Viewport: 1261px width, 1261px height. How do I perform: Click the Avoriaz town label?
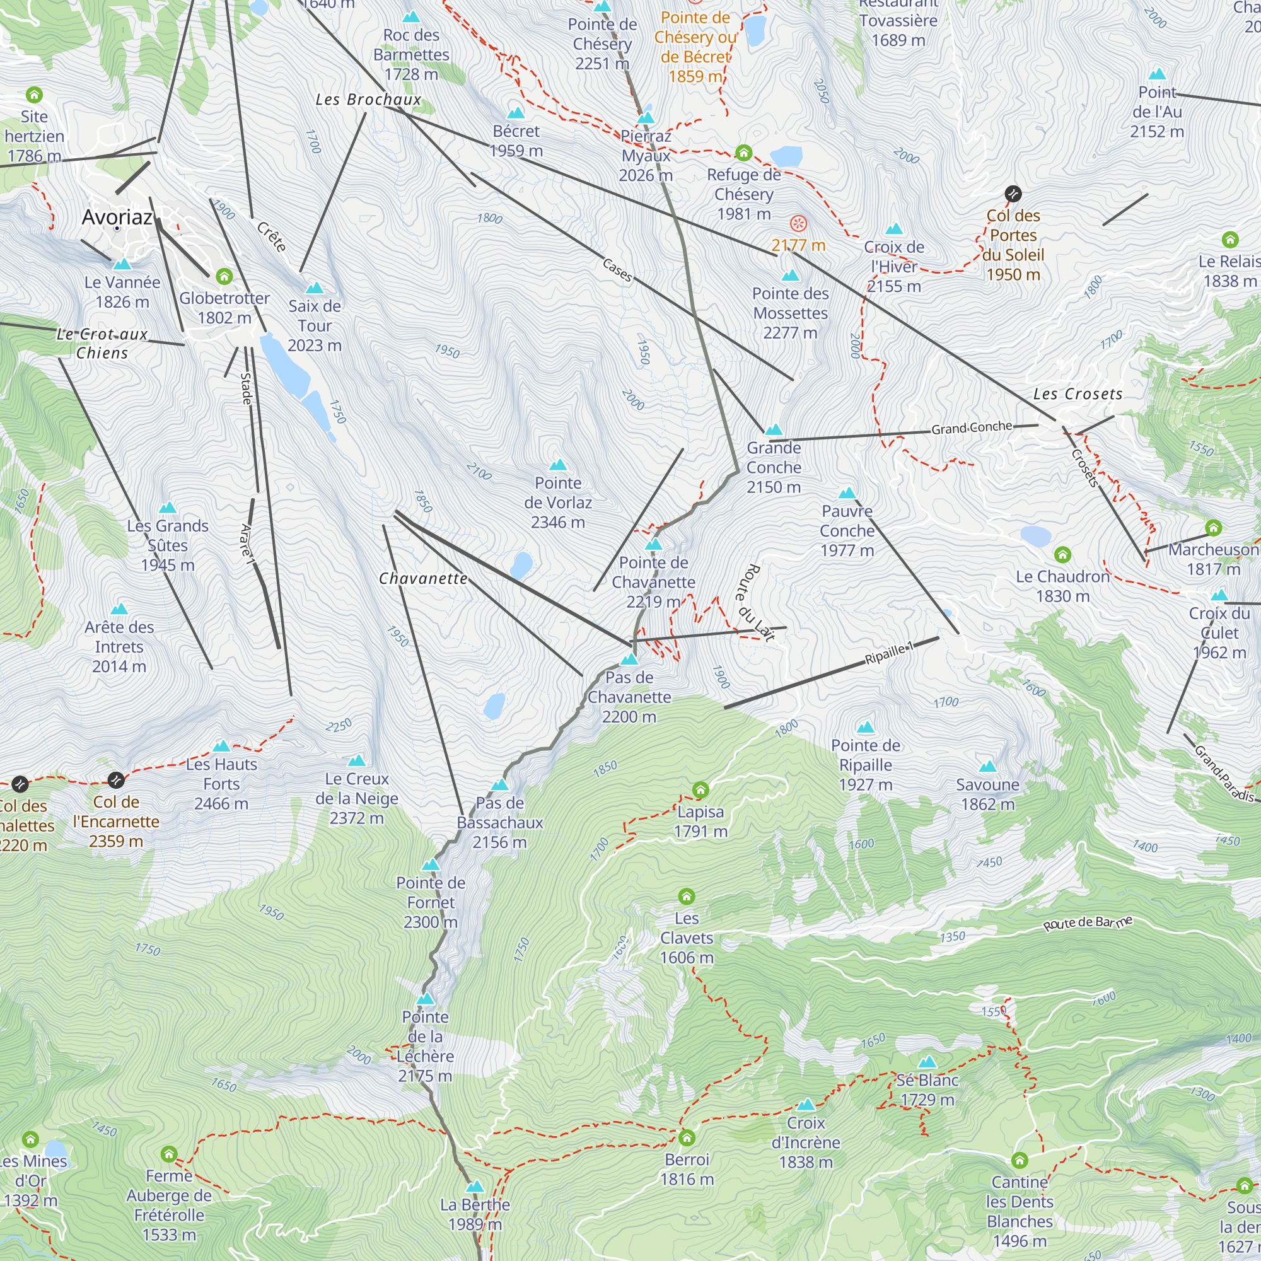(x=117, y=217)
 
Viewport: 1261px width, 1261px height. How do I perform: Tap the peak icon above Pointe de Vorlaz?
(x=558, y=465)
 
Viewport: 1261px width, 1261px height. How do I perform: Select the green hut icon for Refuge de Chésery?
(x=743, y=153)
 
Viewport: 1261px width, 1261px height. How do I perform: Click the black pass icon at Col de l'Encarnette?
(x=115, y=780)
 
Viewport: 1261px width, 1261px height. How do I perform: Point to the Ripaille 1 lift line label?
(x=889, y=653)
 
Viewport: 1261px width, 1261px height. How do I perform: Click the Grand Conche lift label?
(x=971, y=428)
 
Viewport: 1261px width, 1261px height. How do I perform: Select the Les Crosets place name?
(x=1078, y=394)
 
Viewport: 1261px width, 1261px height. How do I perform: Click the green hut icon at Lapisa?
(x=700, y=790)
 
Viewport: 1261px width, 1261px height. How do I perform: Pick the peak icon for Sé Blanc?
(x=927, y=1062)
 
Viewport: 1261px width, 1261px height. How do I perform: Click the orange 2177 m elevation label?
(x=798, y=245)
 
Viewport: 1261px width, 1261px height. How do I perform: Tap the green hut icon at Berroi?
(x=687, y=1138)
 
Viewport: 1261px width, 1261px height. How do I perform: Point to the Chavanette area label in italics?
(x=423, y=579)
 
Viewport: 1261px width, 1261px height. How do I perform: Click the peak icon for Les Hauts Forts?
(x=221, y=746)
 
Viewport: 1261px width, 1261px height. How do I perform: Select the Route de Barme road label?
(x=1087, y=924)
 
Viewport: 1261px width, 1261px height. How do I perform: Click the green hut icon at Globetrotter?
(x=224, y=276)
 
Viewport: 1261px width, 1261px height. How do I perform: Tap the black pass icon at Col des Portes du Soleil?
(x=1013, y=193)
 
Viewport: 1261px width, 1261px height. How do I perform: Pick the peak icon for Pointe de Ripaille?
(x=866, y=727)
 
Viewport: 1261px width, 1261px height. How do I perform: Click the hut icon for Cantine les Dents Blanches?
(x=1020, y=1161)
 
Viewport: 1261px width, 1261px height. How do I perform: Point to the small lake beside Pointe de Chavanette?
(x=521, y=565)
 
